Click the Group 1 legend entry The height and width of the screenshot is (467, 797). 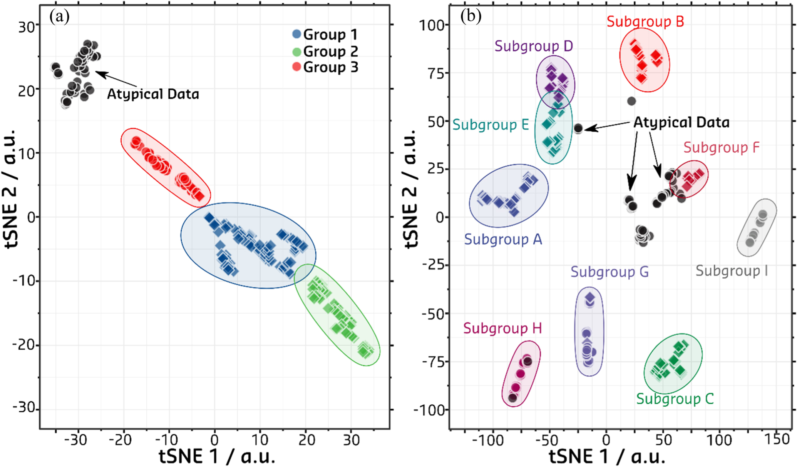325,35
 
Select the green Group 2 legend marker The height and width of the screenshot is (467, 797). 296,51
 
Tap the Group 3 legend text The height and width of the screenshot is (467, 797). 330,67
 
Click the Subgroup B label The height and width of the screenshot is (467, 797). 645,22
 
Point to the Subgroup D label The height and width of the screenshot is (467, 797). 534,46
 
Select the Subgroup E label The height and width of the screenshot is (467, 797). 491,125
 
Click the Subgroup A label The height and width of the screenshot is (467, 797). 503,239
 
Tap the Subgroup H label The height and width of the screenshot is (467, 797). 502,328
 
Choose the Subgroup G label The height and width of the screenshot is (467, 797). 609,272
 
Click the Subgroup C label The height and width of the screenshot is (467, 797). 675,399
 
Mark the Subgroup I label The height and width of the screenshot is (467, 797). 732,271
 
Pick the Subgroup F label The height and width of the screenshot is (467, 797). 722,147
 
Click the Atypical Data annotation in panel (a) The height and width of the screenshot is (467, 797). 153,94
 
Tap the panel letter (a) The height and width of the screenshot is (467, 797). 59,17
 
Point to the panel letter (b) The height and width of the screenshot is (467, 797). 470,16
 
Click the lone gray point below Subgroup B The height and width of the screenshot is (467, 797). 631,101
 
